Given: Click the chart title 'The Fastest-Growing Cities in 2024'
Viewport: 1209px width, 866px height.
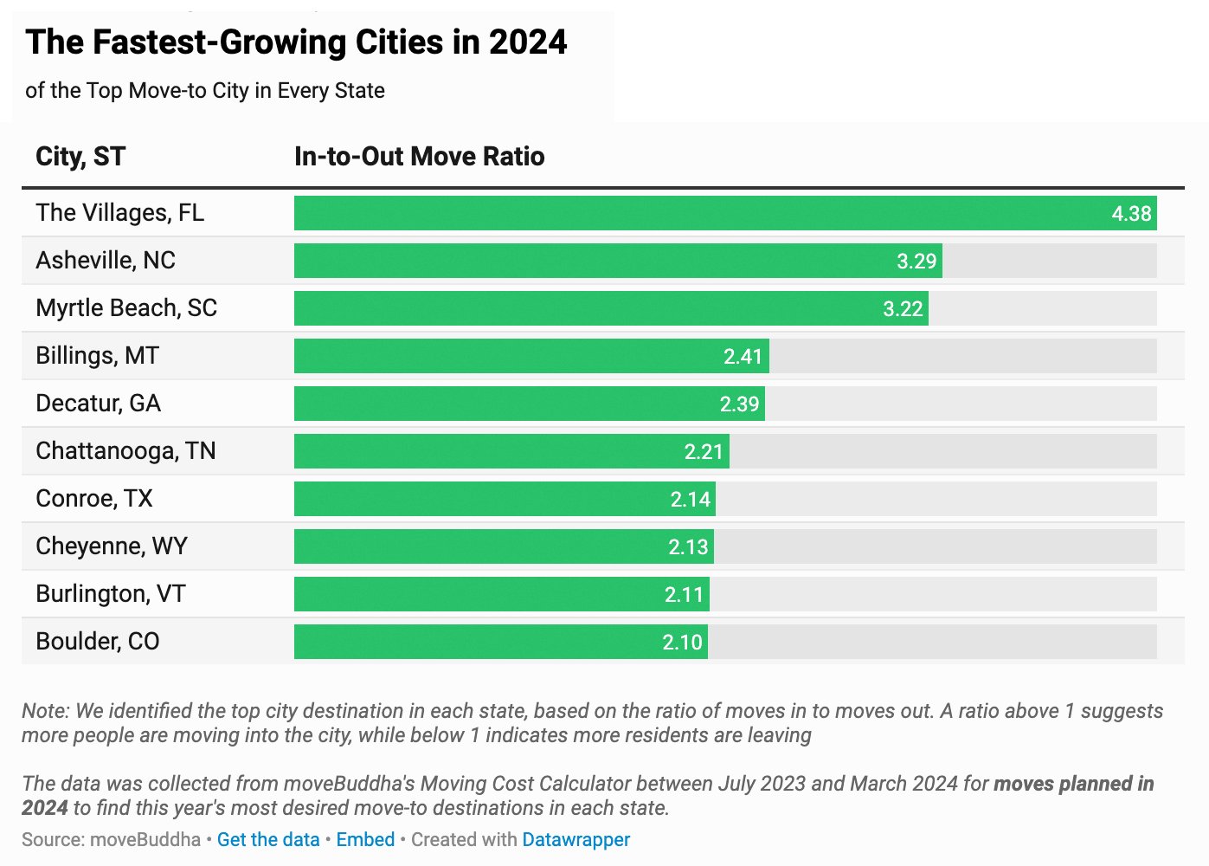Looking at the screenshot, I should click(x=296, y=42).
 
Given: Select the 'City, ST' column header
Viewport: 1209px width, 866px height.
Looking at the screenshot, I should click(x=80, y=157).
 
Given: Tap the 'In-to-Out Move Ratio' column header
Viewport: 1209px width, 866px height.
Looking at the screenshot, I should click(x=419, y=157).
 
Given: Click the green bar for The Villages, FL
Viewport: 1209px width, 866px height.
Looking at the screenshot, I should click(x=692, y=213).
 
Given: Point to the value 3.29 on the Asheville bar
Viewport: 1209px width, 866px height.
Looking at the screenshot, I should click(x=916, y=262).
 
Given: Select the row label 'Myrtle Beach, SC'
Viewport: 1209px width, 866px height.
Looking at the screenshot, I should click(x=126, y=308).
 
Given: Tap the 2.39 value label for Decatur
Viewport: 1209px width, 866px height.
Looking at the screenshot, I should click(x=739, y=404).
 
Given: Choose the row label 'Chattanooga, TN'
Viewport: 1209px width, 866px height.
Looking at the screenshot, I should click(x=125, y=451).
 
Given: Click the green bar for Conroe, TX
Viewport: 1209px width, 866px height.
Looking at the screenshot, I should click(x=485, y=499).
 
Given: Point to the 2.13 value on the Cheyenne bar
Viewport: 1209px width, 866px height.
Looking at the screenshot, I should click(x=688, y=547).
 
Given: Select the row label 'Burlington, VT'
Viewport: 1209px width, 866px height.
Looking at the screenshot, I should click(x=111, y=594).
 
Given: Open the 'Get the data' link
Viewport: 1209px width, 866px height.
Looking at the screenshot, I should click(x=268, y=839).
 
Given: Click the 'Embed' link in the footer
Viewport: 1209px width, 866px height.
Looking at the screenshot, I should click(x=365, y=839).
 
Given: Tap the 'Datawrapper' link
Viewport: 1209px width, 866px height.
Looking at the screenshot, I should click(x=576, y=839).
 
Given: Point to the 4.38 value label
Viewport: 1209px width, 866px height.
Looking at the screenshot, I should click(x=1131, y=214).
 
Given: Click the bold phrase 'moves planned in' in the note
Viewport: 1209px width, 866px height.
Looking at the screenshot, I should click(x=1073, y=784).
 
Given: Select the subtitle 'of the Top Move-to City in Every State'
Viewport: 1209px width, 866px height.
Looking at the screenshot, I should click(x=205, y=91).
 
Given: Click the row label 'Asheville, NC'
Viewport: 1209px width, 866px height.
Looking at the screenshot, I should click(x=106, y=261).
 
